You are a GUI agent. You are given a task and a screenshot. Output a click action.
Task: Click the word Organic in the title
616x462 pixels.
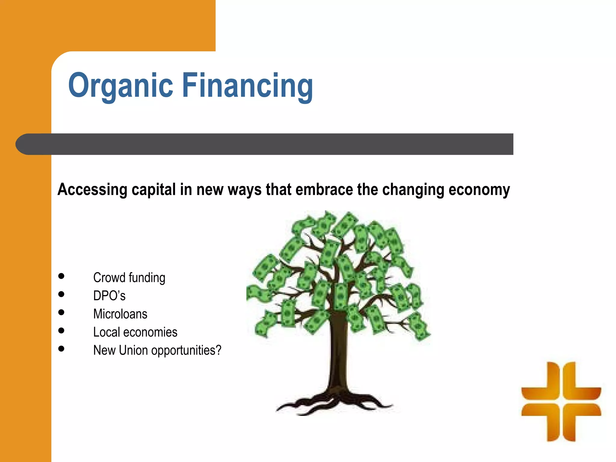120,86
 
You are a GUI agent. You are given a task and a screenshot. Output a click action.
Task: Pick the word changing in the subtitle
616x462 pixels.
413,190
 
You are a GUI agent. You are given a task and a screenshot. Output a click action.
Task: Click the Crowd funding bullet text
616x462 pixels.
129,278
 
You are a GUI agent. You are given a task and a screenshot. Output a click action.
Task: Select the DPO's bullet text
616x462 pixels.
109,296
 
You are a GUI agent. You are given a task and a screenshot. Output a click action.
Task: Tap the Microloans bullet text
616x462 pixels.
120,314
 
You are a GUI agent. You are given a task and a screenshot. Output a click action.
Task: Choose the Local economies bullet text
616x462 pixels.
135,332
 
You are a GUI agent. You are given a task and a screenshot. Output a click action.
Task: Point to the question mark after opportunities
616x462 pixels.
219,350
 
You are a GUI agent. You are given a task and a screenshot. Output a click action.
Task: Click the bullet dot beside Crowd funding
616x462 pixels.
61,276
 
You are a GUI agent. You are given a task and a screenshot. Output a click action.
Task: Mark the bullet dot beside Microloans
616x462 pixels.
61,313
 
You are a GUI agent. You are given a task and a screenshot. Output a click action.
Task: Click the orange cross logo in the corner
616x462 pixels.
561,402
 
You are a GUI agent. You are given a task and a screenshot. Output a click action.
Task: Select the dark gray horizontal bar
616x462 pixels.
271,144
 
